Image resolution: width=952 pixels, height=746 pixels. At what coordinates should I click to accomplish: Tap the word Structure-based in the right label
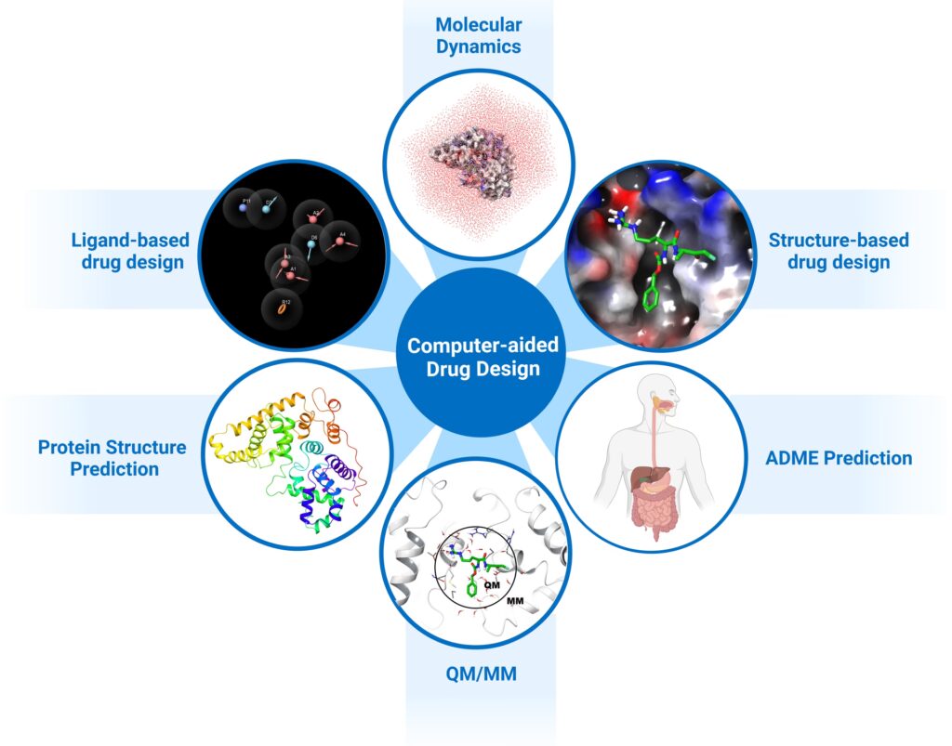click(839, 241)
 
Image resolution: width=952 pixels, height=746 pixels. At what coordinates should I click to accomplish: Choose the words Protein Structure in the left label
click(112, 448)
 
